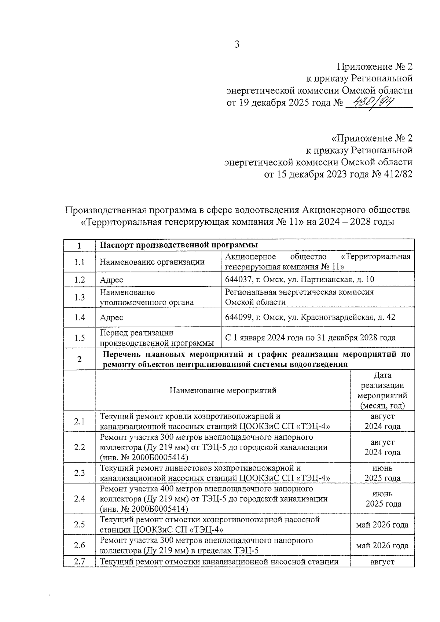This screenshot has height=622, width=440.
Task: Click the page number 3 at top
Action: [237, 45]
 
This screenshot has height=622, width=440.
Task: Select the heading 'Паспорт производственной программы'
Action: [179, 245]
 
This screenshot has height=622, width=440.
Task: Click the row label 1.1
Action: [79, 262]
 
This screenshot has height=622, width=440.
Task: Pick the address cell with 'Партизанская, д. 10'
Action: [299, 280]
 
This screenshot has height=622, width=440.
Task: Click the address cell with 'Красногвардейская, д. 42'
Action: [310, 317]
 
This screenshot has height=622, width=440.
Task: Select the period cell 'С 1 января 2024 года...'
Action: [310, 338]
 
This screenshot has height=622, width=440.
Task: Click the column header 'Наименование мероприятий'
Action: [223, 390]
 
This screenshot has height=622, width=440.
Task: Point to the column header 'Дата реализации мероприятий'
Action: [382, 390]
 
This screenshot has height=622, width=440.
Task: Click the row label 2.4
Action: [79, 498]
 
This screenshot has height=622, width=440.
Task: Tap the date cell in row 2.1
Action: [382, 421]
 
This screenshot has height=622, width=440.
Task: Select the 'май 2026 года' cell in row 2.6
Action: [382, 545]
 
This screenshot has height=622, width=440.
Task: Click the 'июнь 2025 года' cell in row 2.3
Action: [382, 473]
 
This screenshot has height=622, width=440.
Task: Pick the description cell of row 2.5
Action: [209, 525]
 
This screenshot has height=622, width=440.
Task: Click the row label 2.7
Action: [79, 562]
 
